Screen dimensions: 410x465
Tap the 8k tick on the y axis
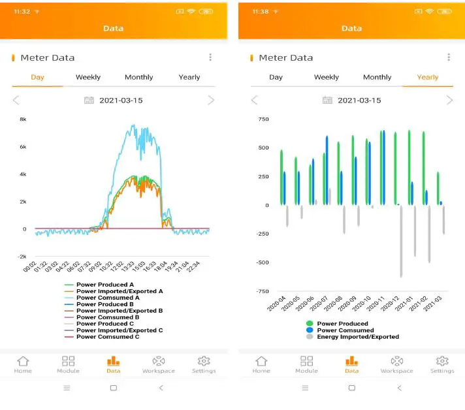coord(22,119)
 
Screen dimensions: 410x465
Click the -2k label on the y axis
coord(22,257)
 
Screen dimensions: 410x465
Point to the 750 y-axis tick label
coord(263,119)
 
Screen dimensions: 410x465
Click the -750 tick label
coord(261,291)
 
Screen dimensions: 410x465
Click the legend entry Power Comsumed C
coord(108,337)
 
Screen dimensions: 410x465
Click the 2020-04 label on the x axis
coord(275,304)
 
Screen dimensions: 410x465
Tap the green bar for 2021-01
coord(409,167)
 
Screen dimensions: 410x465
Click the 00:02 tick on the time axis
coord(29,267)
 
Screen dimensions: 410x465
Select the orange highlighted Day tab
coord(37,77)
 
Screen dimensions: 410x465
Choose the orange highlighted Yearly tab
coord(428,77)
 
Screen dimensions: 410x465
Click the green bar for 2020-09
coord(353,170)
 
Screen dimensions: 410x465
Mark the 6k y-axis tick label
coord(22,147)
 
